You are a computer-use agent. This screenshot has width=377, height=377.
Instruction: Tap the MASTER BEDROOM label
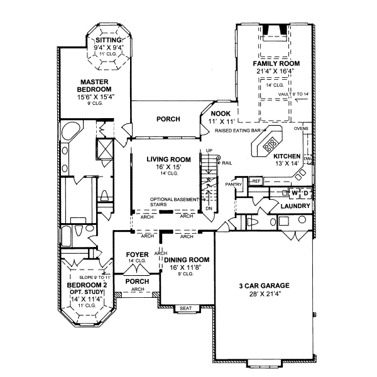click(x=96, y=85)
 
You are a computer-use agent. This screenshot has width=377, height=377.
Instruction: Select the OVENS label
click(x=300, y=131)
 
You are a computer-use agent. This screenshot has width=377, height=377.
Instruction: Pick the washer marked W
click(x=293, y=192)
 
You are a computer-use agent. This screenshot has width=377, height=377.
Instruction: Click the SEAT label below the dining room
click(x=185, y=308)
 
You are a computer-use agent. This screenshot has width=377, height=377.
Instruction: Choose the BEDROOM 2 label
click(x=87, y=285)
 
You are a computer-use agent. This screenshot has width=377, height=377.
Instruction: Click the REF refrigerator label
click(x=256, y=181)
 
